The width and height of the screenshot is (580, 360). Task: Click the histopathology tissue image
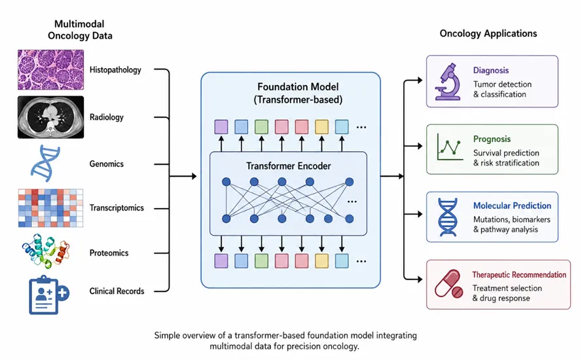tap(50, 70)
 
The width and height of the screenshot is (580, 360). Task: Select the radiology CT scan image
tap(50, 117)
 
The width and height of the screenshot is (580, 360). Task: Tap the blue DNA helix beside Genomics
tap(46, 163)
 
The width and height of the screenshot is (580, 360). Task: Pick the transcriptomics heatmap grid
tap(50, 208)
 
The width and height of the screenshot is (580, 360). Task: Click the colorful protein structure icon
tap(46, 251)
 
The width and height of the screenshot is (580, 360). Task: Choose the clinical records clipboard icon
tap(48, 295)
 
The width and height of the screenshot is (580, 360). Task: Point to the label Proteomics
tap(109, 253)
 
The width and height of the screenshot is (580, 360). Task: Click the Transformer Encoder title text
tap(289, 166)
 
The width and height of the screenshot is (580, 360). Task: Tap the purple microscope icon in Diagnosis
tap(448, 82)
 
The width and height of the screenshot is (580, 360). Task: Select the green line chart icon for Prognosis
tap(450, 147)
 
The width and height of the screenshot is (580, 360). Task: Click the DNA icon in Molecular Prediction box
tap(448, 217)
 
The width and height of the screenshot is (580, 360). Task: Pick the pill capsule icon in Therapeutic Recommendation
tap(448, 284)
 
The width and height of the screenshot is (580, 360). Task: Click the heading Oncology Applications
tap(488, 33)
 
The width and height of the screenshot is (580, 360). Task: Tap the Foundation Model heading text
tap(298, 87)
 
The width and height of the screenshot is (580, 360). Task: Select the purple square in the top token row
tap(221, 127)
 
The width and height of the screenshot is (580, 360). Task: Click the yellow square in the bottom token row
tap(322, 261)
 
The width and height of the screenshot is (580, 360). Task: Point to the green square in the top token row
tap(261, 127)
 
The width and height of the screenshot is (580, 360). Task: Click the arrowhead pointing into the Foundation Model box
tap(194, 177)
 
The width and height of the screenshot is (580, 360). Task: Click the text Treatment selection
tap(507, 288)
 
